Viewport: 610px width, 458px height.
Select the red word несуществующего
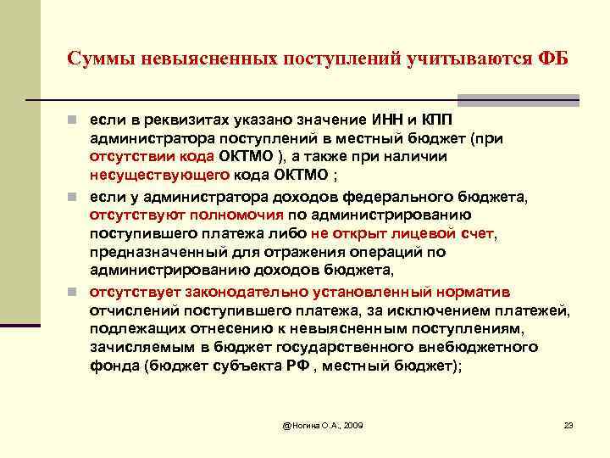[x=159, y=176]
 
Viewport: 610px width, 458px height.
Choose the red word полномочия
[x=231, y=215]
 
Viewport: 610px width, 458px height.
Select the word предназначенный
[x=155, y=252]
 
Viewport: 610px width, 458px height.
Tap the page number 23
[x=568, y=423]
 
